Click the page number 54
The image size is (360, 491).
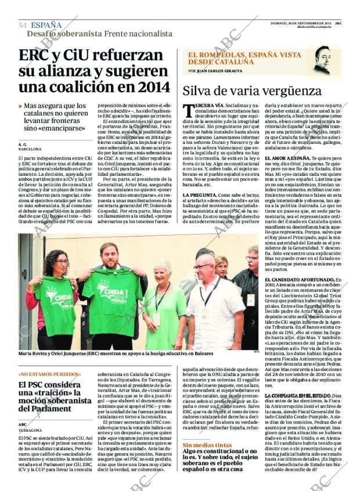[x=23, y=25]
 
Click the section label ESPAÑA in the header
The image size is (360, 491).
[x=46, y=25]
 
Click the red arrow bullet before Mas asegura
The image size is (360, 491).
[x=21, y=106]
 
